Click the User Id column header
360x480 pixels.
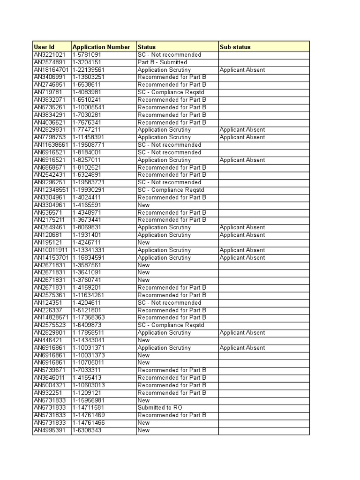coord(44,47)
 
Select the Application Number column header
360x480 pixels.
coord(101,47)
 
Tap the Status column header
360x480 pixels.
coord(147,47)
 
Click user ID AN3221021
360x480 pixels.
coord(50,55)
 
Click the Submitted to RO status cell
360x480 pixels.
coord(160,408)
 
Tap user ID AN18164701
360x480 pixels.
coord(52,70)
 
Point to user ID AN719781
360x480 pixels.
coord(48,92)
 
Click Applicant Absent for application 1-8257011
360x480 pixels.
coord(242,160)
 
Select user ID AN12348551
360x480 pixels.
coord(52,190)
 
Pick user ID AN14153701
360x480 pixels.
coord(52,257)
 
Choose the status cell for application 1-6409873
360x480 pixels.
coord(171,325)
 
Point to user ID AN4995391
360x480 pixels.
coord(50,430)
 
